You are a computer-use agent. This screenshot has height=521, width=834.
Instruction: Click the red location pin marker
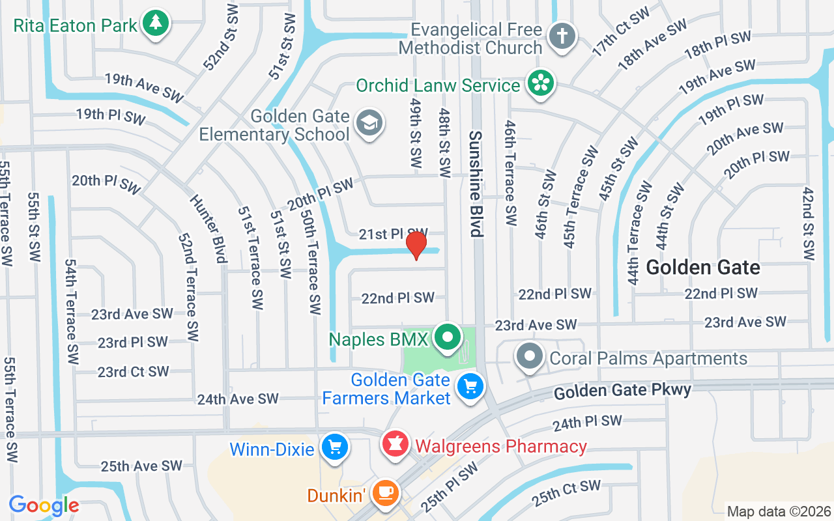pyautogui.click(x=416, y=246)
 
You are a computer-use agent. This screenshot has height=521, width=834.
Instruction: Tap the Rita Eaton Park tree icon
pyautogui.click(x=155, y=24)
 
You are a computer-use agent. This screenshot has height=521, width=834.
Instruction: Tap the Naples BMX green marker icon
pyautogui.click(x=447, y=338)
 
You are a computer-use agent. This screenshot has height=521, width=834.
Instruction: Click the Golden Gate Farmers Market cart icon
pyautogui.click(x=470, y=387)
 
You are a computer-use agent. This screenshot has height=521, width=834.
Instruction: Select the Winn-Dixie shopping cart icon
pyautogui.click(x=335, y=448)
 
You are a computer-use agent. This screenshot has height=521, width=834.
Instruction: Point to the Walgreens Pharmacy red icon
pyautogui.click(x=395, y=445)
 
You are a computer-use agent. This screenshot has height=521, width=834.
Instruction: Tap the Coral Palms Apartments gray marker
pyautogui.click(x=530, y=357)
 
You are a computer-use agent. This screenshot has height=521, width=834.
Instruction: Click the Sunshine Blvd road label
pyautogui.click(x=476, y=184)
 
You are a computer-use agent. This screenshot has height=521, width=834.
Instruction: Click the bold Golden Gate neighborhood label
pyautogui.click(x=703, y=268)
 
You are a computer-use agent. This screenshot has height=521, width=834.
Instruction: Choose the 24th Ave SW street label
pyautogui.click(x=238, y=399)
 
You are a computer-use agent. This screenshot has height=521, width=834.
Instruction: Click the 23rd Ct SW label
pyautogui.click(x=133, y=372)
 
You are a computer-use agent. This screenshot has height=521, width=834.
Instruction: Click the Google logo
pyautogui.click(x=44, y=505)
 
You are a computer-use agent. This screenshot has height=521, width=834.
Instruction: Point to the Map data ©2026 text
pyautogui.click(x=779, y=511)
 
